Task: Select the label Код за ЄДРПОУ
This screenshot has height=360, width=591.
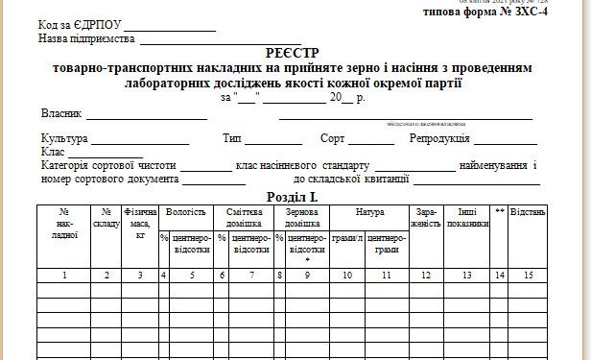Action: pyautogui.click(x=80, y=23)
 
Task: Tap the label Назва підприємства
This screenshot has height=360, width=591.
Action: pyautogui.click(x=86, y=40)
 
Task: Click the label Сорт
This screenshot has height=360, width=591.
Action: pyautogui.click(x=333, y=139)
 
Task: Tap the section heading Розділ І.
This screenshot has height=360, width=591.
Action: pyautogui.click(x=295, y=196)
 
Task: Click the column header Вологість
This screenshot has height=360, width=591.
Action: pyautogui.click(x=185, y=210)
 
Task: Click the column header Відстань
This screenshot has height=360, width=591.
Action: pyautogui.click(x=529, y=210)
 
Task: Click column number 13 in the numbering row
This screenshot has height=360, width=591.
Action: pyautogui.click(x=466, y=276)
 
